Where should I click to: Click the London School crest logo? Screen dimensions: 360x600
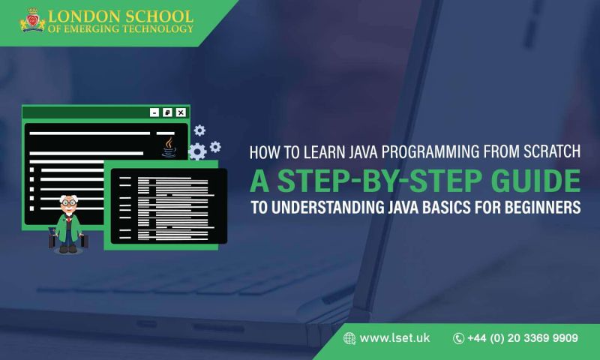[32, 21]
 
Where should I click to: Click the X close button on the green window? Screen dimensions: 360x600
[180, 112]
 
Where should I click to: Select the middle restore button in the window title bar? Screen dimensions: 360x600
[167, 112]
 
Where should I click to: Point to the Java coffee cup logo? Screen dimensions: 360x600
[169, 145]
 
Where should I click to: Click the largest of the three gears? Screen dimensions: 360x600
[197, 151]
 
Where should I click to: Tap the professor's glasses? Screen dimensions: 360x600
[70, 203]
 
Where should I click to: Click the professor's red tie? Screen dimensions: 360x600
[70, 223]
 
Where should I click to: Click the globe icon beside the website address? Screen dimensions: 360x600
[349, 339]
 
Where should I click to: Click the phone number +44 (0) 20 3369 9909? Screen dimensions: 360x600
[522, 339]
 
